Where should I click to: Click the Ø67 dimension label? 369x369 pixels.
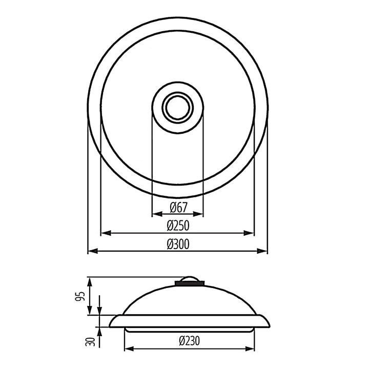178,208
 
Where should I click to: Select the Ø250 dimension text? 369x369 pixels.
178,226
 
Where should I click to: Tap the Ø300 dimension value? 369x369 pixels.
178,244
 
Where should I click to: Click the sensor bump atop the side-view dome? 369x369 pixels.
190,280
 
